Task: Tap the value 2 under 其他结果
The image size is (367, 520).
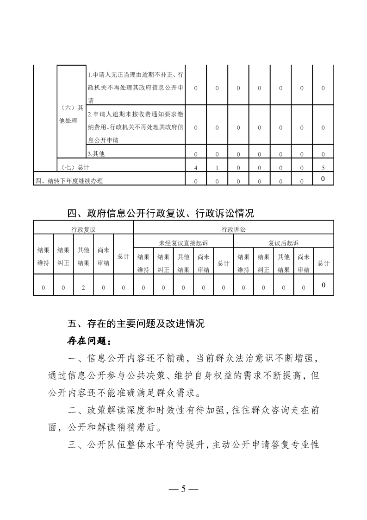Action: (x=83, y=288)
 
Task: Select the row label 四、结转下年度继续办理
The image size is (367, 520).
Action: (x=69, y=181)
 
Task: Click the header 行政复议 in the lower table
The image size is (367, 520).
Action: (x=83, y=229)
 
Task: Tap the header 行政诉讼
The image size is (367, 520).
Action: (x=234, y=229)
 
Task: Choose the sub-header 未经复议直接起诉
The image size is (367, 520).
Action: (x=183, y=242)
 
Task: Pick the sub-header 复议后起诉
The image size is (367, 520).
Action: (x=284, y=242)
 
